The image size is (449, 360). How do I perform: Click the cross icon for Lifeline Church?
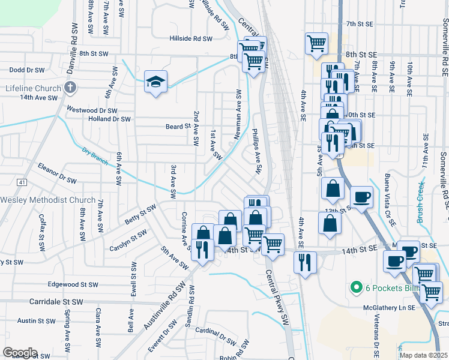[70, 88]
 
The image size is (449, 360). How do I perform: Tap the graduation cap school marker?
[155, 82]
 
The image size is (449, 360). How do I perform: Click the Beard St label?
[178, 127]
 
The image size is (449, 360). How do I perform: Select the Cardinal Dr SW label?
[215, 335]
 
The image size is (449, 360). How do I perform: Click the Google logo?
[20, 353]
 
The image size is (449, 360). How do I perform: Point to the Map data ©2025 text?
[424, 355]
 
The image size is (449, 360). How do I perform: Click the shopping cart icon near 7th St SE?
[316, 43]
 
